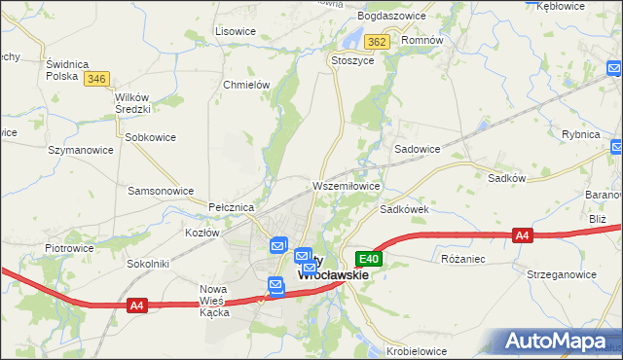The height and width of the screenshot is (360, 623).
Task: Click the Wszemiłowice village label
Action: [x=346, y=185]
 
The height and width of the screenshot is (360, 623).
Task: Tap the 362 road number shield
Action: [x=378, y=42]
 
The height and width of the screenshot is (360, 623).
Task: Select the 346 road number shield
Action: [x=95, y=79]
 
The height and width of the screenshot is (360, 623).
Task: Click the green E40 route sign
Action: [x=368, y=259]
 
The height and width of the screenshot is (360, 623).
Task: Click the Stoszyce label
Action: [x=352, y=59]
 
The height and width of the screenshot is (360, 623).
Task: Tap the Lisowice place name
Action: [x=235, y=31]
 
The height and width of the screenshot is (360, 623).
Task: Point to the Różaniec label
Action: [x=463, y=260]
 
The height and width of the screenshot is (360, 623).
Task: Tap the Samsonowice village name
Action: [x=162, y=191]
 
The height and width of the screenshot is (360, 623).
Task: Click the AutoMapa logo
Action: [x=557, y=342]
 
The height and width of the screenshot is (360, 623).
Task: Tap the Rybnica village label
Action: [x=581, y=134]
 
